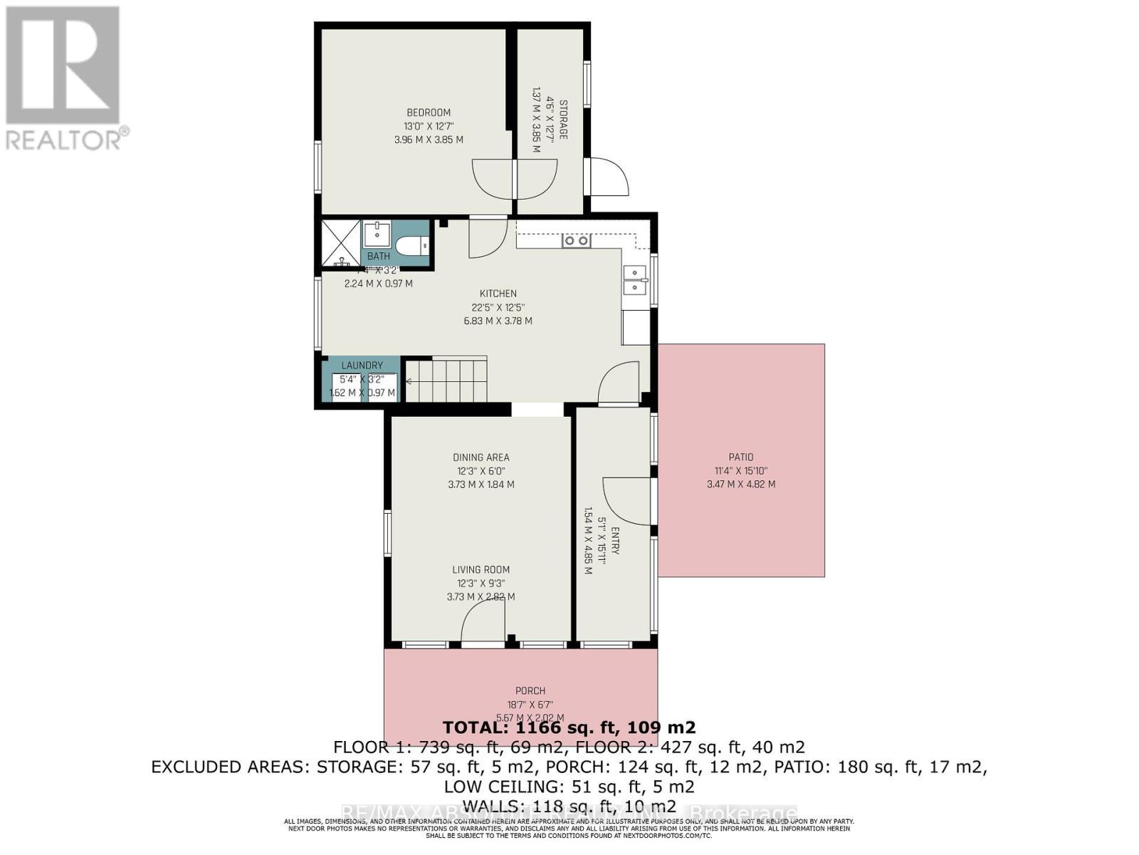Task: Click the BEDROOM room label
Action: [429, 113]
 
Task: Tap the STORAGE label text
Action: [563, 120]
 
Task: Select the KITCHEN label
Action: [498, 294]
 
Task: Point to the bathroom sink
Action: [377, 234]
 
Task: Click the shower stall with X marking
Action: [340, 244]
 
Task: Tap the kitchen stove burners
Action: [576, 241]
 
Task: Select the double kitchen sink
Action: [635, 280]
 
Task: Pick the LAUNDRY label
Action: [362, 366]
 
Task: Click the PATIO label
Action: [740, 457]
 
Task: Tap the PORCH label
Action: [530, 690]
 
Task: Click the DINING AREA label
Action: [481, 457]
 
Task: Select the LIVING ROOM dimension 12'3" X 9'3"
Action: [481, 583]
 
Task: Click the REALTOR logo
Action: [64, 78]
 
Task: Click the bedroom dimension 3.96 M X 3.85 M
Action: [429, 140]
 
